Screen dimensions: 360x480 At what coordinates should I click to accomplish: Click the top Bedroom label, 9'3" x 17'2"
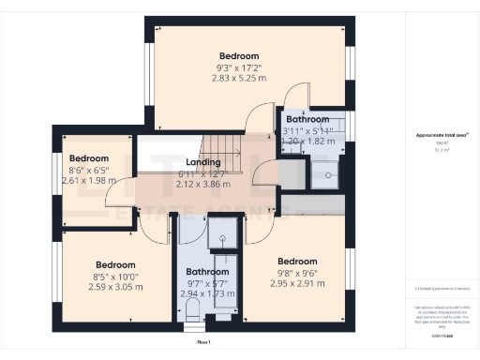[238, 55]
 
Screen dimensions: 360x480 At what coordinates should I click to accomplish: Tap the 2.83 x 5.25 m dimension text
[238, 79]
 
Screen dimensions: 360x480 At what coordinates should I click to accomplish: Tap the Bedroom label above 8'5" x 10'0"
[115, 265]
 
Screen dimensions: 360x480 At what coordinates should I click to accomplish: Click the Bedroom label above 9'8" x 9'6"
[296, 261]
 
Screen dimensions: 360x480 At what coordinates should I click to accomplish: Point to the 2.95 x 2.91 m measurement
[296, 282]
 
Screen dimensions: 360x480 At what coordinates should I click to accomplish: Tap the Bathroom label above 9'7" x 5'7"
[207, 272]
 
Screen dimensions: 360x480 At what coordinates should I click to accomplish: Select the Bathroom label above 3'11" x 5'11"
[307, 120]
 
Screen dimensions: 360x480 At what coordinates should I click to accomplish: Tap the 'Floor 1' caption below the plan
[203, 343]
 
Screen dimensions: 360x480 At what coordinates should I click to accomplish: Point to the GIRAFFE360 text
[442, 335]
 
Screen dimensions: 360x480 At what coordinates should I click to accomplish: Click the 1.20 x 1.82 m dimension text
[307, 142]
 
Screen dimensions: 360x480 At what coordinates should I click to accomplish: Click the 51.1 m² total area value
[441, 150]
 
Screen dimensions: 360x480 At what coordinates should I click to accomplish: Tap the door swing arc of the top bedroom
[253, 116]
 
